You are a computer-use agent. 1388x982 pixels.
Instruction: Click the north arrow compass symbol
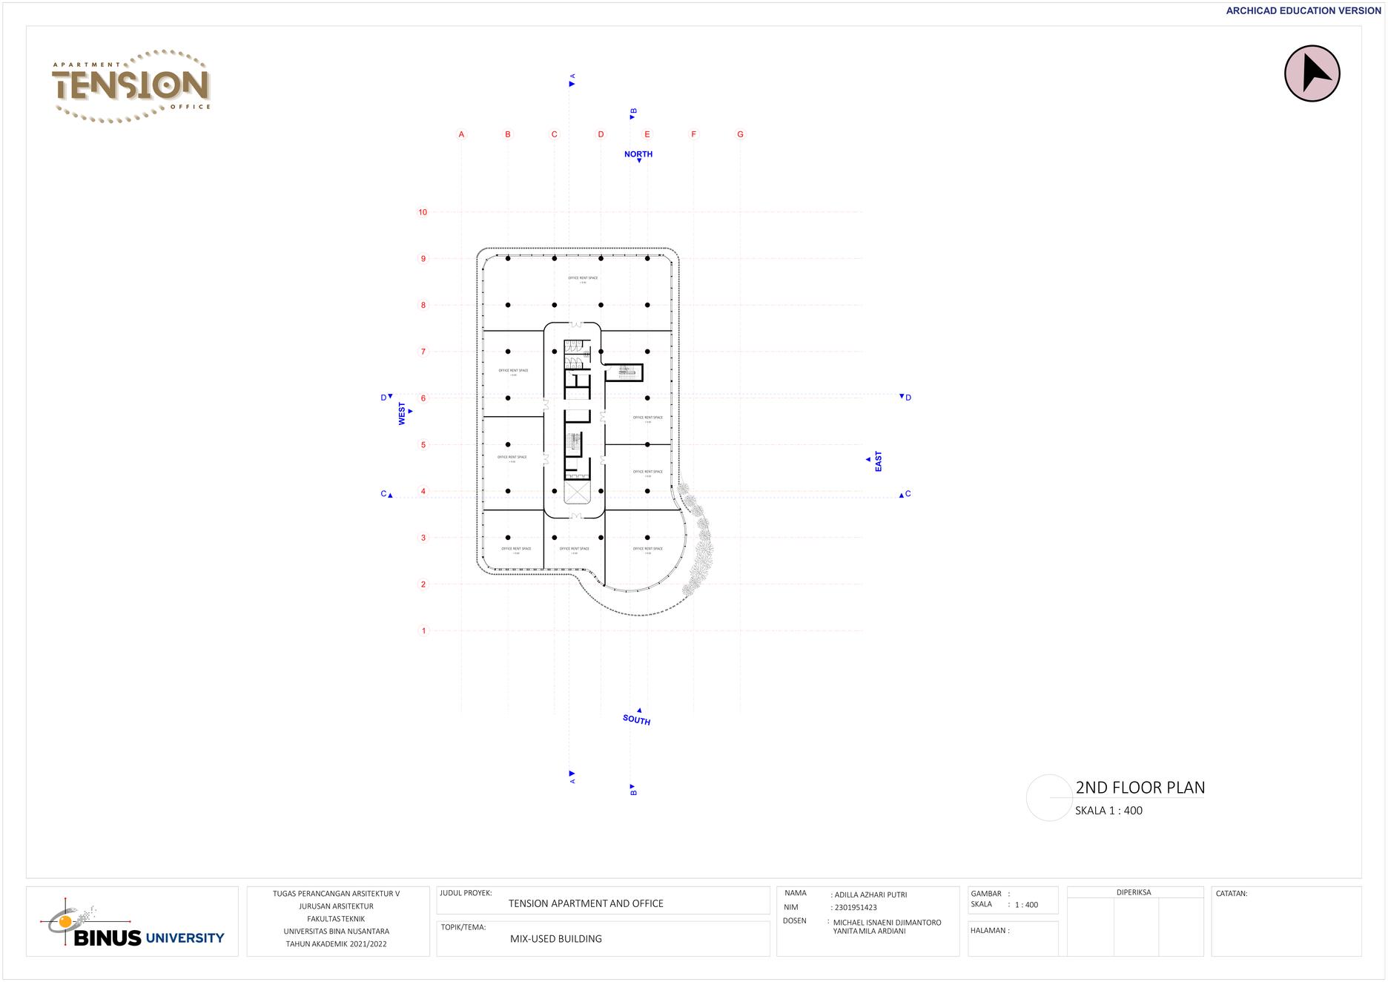1312,73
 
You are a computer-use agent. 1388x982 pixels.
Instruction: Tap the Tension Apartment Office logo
132,85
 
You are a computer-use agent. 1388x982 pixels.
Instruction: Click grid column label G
740,134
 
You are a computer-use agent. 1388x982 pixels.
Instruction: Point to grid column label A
461,134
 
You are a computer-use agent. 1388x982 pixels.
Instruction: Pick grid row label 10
423,212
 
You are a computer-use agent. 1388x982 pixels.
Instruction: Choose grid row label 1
424,631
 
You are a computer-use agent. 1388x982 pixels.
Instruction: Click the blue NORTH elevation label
638,154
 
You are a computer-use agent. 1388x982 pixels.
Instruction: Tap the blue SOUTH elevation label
636,719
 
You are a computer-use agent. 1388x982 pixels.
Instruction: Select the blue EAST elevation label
879,461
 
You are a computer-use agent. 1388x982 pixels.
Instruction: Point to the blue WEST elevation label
402,414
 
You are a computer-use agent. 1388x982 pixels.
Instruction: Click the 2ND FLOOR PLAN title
1140,788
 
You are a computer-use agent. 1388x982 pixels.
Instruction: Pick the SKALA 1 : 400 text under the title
1108,811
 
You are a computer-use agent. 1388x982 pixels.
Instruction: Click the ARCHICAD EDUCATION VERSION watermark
1303,11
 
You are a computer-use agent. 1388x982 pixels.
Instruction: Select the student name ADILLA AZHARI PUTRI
870,894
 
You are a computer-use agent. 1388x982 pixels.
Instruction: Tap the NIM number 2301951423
856,907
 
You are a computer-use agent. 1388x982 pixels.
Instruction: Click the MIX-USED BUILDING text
556,939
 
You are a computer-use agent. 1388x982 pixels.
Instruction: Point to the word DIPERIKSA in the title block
1134,892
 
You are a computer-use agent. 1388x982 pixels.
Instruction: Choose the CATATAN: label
1232,894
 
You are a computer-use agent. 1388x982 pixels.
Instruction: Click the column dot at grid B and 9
508,259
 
